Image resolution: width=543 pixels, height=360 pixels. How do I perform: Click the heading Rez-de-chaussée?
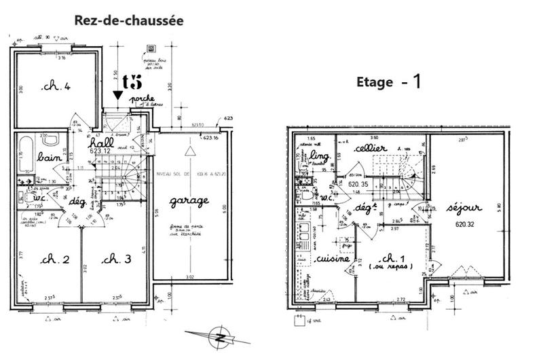tap(128, 21)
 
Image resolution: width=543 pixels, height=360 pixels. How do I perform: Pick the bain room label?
tap(50, 157)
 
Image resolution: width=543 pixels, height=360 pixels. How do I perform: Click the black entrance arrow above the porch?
tap(118, 96)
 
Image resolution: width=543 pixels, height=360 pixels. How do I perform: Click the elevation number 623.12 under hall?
tap(99, 152)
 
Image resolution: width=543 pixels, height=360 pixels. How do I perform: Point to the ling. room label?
tap(322, 158)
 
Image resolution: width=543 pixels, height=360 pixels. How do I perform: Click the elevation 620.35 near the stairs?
tap(358, 183)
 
